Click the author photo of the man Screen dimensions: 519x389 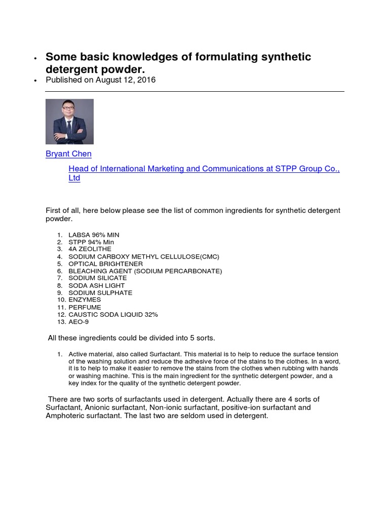(x=69, y=122)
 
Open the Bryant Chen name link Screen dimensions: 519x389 (x=68, y=154)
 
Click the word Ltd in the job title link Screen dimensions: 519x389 (x=74, y=178)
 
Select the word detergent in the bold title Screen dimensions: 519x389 (x=68, y=69)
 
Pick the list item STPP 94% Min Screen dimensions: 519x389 (x=91, y=242)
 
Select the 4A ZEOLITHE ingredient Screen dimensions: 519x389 (x=90, y=249)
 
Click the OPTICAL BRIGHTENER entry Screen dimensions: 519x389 (x=105, y=264)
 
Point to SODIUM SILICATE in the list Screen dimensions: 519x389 (x=97, y=278)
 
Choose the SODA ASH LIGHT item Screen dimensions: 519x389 (x=96, y=285)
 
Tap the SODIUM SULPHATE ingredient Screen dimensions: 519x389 (x=100, y=293)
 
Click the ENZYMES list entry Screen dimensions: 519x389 (x=85, y=300)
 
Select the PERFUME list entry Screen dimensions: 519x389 (x=85, y=307)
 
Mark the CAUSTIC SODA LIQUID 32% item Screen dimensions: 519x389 (x=113, y=314)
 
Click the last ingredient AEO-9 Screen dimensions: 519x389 (x=80, y=322)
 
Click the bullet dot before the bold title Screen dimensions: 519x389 (x=35, y=59)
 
